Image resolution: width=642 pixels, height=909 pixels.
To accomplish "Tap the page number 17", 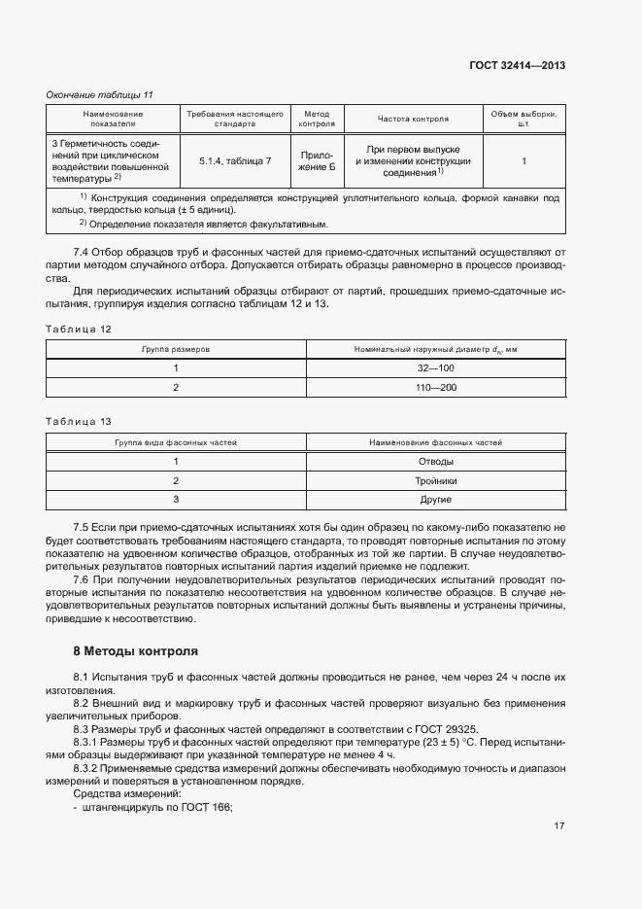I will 558,826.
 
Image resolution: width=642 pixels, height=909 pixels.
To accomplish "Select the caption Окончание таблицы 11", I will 100,94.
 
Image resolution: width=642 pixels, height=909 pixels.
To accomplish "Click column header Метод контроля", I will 317,119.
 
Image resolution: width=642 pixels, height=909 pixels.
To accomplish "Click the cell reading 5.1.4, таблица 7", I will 234,159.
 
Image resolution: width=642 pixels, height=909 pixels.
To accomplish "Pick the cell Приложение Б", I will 317,159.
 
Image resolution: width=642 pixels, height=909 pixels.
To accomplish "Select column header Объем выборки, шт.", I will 524,119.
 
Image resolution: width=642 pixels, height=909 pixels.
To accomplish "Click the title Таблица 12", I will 80,329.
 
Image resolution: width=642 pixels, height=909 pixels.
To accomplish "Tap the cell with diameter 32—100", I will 435,367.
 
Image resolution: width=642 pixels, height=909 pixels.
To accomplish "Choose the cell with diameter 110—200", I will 435,387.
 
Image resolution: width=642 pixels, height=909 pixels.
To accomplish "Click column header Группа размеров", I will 176,348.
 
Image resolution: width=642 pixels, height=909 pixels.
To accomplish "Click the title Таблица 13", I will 80,422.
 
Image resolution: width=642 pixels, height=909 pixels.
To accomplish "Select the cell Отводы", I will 435,461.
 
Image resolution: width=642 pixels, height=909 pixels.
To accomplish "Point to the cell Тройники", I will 435,480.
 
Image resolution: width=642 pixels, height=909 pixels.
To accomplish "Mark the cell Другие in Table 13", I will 435,500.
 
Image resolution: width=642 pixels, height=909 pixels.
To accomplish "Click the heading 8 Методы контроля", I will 135,650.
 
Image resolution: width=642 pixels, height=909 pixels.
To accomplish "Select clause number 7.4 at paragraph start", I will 82,254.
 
